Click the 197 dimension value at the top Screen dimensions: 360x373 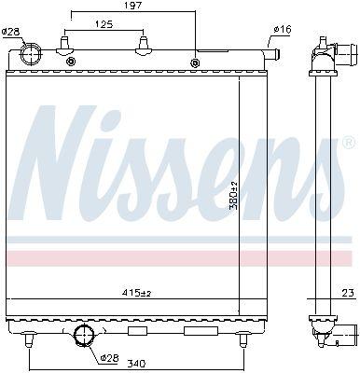coord(133,6)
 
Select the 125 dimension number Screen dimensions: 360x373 coord(104,24)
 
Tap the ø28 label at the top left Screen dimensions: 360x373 coord(10,32)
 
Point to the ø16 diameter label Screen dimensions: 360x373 coord(283,30)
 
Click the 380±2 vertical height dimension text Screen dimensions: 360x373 coord(234,195)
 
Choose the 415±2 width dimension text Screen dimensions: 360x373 coord(139,293)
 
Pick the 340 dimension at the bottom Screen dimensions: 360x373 coord(137,363)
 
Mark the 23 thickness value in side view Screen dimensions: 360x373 coord(349,293)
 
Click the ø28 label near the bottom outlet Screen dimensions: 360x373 coord(110,358)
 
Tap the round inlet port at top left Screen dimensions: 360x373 coord(31,53)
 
